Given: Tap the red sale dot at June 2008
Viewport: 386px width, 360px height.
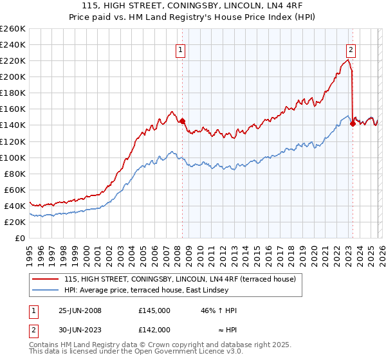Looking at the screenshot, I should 182,121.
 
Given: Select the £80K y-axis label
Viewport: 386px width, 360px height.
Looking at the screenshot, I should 14,174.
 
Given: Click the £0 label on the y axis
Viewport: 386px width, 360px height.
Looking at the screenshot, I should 19,238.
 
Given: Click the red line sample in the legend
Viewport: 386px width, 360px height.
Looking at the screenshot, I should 46,279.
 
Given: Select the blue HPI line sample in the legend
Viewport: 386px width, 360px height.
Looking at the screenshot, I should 46,290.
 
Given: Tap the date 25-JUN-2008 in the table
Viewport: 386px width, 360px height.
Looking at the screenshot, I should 80,310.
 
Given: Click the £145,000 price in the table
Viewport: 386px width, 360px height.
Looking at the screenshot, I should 154,310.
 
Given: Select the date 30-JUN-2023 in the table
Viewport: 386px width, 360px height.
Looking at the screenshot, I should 80,329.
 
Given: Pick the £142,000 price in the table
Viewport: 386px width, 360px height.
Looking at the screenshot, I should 154,329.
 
